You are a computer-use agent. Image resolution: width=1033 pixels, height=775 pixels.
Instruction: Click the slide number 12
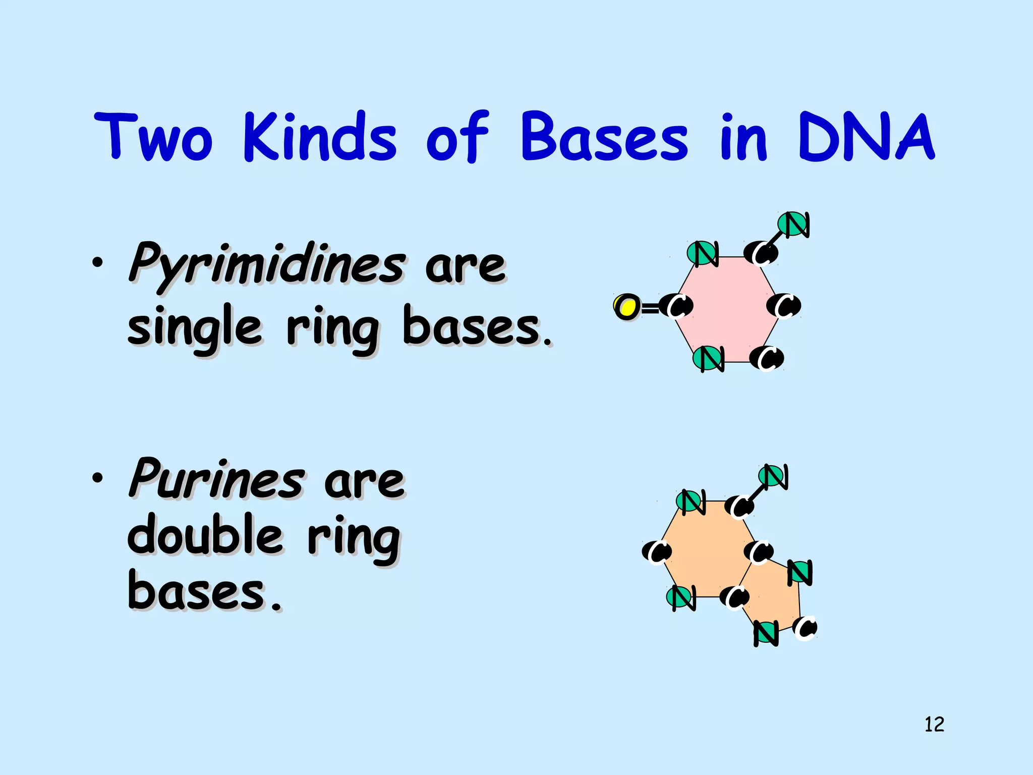tap(934, 725)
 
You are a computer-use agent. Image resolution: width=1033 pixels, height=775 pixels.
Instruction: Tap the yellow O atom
tap(627, 306)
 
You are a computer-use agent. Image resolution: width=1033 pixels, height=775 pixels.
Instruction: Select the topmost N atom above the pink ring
tap(793, 224)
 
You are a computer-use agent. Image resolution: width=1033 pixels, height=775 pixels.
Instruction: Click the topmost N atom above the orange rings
tap(772, 476)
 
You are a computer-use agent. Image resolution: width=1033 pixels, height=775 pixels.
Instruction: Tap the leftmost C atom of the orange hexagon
tap(657, 551)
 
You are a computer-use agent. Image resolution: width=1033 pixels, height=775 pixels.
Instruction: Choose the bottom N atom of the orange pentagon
tap(766, 633)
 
